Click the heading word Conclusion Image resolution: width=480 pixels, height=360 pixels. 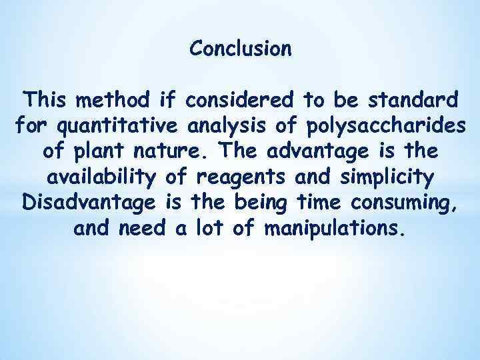click(x=240, y=49)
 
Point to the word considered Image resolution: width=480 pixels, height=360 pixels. click(x=241, y=101)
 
